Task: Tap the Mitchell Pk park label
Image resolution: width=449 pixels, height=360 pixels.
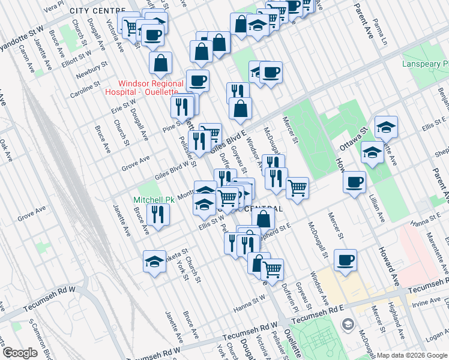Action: click(x=153, y=199)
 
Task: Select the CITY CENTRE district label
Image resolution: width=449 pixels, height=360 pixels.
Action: click(x=97, y=11)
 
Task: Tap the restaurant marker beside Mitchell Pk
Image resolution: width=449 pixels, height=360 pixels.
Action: click(x=158, y=215)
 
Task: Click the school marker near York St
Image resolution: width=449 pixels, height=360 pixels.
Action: click(x=154, y=262)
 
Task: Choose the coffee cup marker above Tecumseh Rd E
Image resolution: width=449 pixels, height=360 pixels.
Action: click(x=345, y=260)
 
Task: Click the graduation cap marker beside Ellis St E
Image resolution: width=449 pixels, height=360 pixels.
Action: click(x=386, y=127)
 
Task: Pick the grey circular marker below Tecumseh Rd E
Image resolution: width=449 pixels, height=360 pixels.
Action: click(x=347, y=325)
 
